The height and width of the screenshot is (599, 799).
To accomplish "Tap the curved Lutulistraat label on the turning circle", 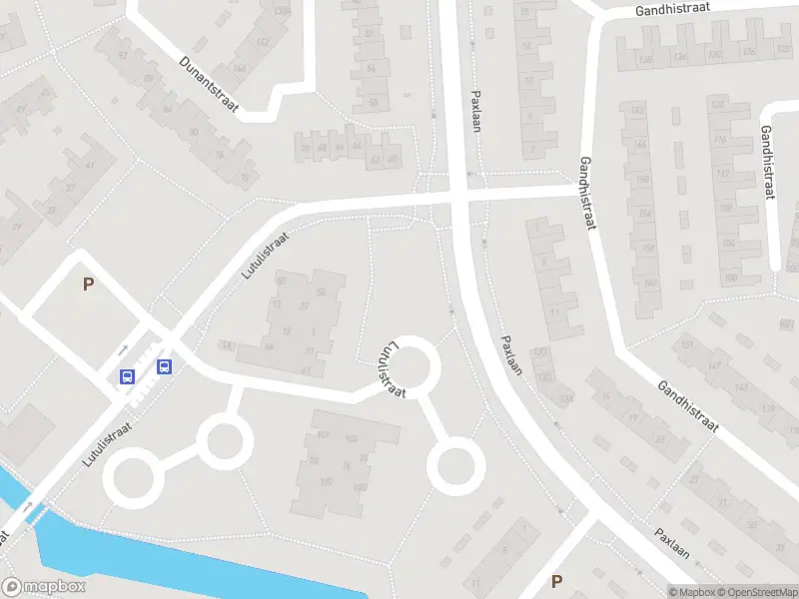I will point(391,369).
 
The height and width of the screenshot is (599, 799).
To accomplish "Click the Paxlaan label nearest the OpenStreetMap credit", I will point(673,539).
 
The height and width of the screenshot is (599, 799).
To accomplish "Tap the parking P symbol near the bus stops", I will point(88,284).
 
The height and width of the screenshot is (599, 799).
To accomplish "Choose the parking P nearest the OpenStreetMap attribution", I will point(556,581).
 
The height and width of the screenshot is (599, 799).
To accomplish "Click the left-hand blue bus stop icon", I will point(127,376).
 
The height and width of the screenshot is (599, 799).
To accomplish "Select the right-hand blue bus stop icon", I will point(164,366).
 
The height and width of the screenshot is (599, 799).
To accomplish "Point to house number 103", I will point(351,439).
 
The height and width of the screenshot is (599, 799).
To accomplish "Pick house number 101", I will point(322,434).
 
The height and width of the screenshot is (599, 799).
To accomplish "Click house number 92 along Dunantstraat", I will point(123,58).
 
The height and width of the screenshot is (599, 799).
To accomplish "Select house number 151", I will point(687,345).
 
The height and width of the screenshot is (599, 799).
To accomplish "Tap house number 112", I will point(721,174).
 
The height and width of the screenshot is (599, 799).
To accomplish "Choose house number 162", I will point(650,284).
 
